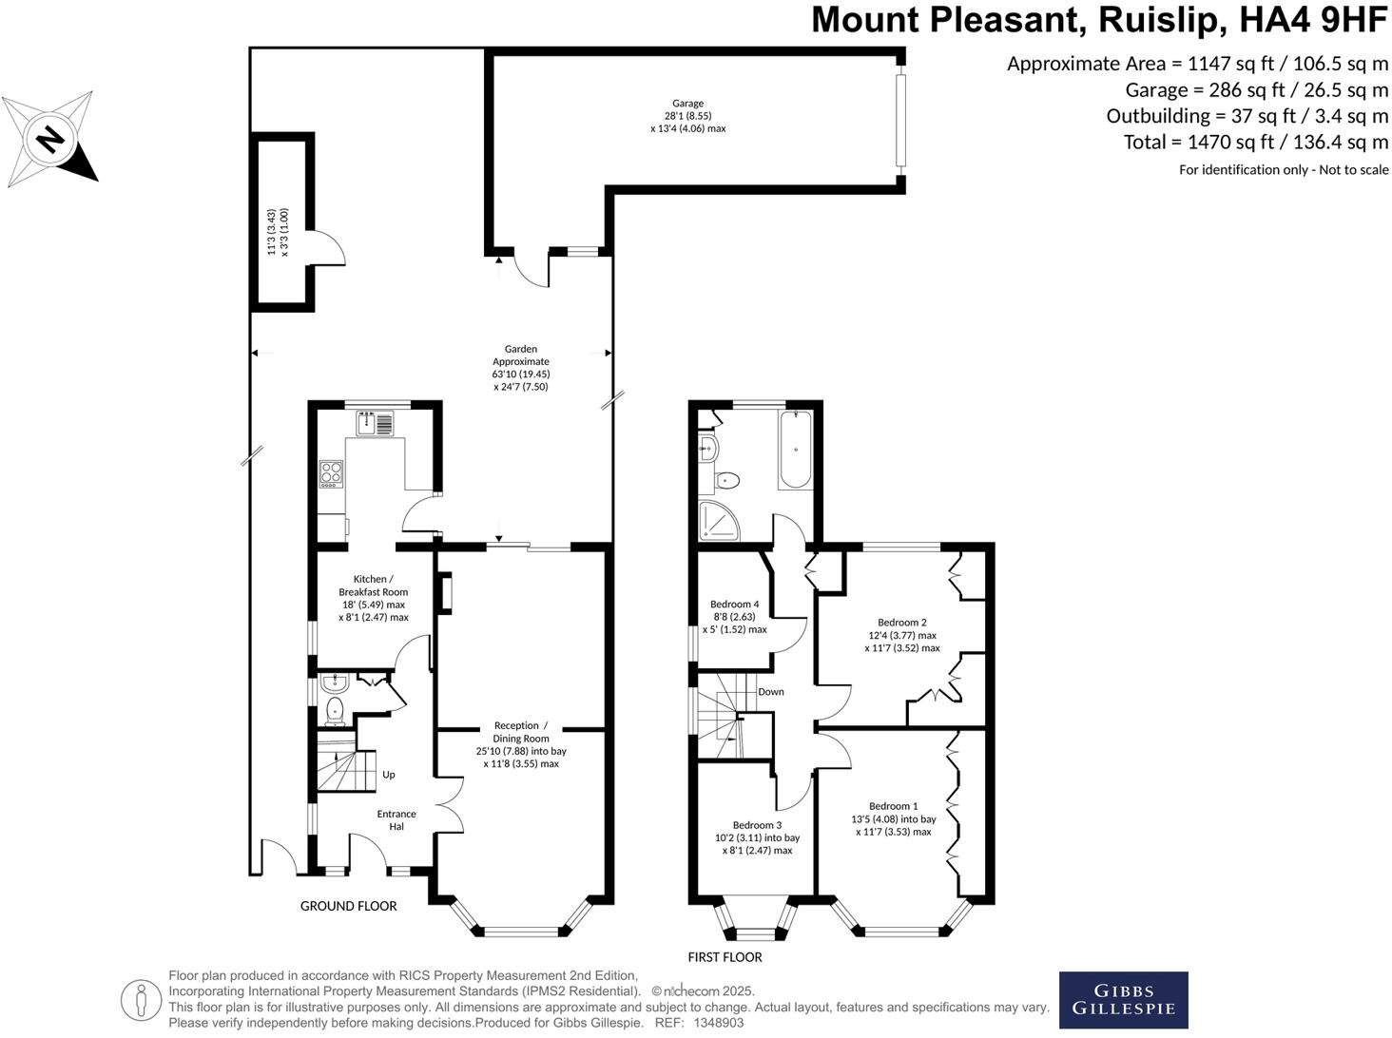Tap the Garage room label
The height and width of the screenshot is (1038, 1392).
687,104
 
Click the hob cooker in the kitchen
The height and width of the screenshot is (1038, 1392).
330,472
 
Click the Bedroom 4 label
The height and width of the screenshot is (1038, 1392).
734,604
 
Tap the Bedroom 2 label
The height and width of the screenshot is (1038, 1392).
901,623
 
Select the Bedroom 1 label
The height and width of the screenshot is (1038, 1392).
893,806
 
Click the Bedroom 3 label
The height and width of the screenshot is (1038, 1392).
757,825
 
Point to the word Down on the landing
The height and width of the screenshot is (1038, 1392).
770,691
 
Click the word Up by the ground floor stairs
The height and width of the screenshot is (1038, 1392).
388,775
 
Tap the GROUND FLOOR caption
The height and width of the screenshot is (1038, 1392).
348,906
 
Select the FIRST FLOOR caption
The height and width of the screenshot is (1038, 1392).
725,957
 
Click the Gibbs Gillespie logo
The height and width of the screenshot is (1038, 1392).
1123,1000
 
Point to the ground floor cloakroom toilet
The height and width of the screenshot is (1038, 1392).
334,709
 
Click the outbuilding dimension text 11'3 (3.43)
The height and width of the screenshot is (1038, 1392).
271,233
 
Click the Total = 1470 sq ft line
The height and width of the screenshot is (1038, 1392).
1255,143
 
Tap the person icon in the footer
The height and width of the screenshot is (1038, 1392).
141,1000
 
